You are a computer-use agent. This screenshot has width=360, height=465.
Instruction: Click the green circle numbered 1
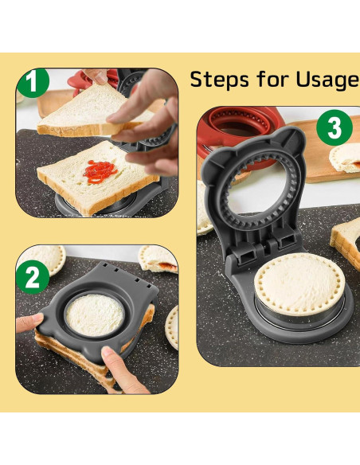[x=33, y=83]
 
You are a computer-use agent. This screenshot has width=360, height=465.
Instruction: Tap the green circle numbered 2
[x=33, y=277]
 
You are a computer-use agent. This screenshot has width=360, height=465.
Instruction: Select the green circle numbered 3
[x=335, y=127]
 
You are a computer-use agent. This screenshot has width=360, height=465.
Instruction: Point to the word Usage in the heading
[x=328, y=80]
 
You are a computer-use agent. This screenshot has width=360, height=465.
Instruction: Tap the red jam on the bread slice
[x=100, y=172]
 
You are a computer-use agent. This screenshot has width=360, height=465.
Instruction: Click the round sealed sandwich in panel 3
[x=299, y=284]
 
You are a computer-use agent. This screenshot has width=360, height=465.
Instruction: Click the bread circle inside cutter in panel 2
[x=95, y=315]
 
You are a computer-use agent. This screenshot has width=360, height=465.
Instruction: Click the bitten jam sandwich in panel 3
[x=345, y=158]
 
